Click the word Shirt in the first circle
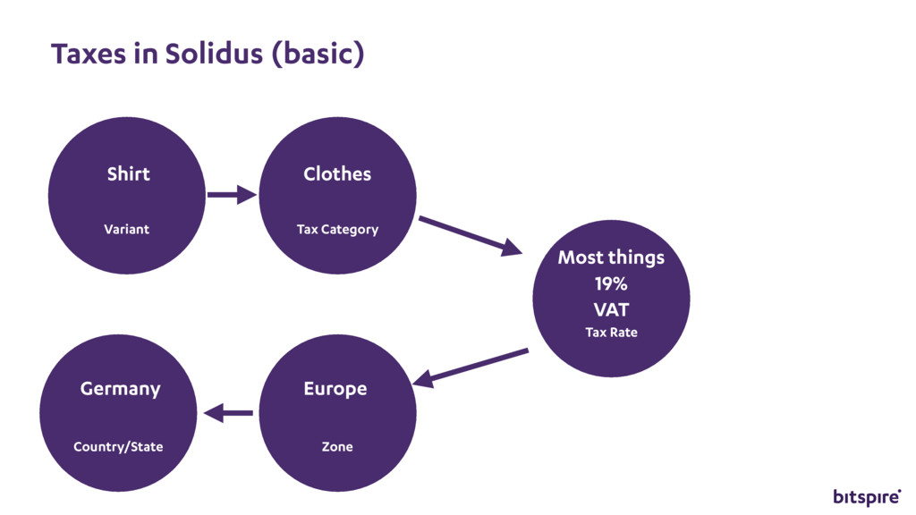pos(128,174)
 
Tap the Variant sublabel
pos(126,230)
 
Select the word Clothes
pos(337,174)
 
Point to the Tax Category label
pos(337,230)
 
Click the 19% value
pos(611,284)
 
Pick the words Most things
pos(611,257)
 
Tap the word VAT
pos(611,310)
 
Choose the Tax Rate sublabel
pos(611,333)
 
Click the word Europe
pos(335,390)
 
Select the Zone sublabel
pos(337,447)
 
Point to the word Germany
pos(120,390)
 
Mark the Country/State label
pos(118,447)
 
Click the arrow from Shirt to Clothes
pos(231,194)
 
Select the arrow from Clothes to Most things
pos(470,235)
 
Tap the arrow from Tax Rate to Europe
pos(471,367)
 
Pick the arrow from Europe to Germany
pos(229,413)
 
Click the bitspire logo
pos(867,496)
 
